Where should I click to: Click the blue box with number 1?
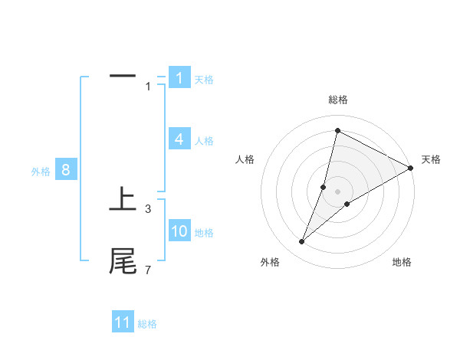click(x=179, y=78)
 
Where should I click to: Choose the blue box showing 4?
click(x=179, y=139)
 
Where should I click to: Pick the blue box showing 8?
click(x=66, y=170)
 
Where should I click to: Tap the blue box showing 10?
click(x=179, y=231)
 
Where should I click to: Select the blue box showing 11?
click(x=123, y=322)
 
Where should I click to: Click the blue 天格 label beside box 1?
click(x=204, y=79)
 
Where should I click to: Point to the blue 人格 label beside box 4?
click(x=204, y=140)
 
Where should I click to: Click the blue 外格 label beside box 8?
click(x=41, y=172)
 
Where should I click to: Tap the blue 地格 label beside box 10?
click(x=204, y=232)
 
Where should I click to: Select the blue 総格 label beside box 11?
click(x=147, y=323)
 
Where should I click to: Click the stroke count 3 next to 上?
click(x=148, y=208)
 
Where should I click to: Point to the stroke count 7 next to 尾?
click(x=148, y=270)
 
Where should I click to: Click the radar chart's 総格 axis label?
click(x=337, y=100)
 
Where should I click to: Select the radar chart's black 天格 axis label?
click(x=431, y=159)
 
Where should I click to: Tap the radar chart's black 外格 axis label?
click(x=270, y=262)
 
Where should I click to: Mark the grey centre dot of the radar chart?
click(x=337, y=191)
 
